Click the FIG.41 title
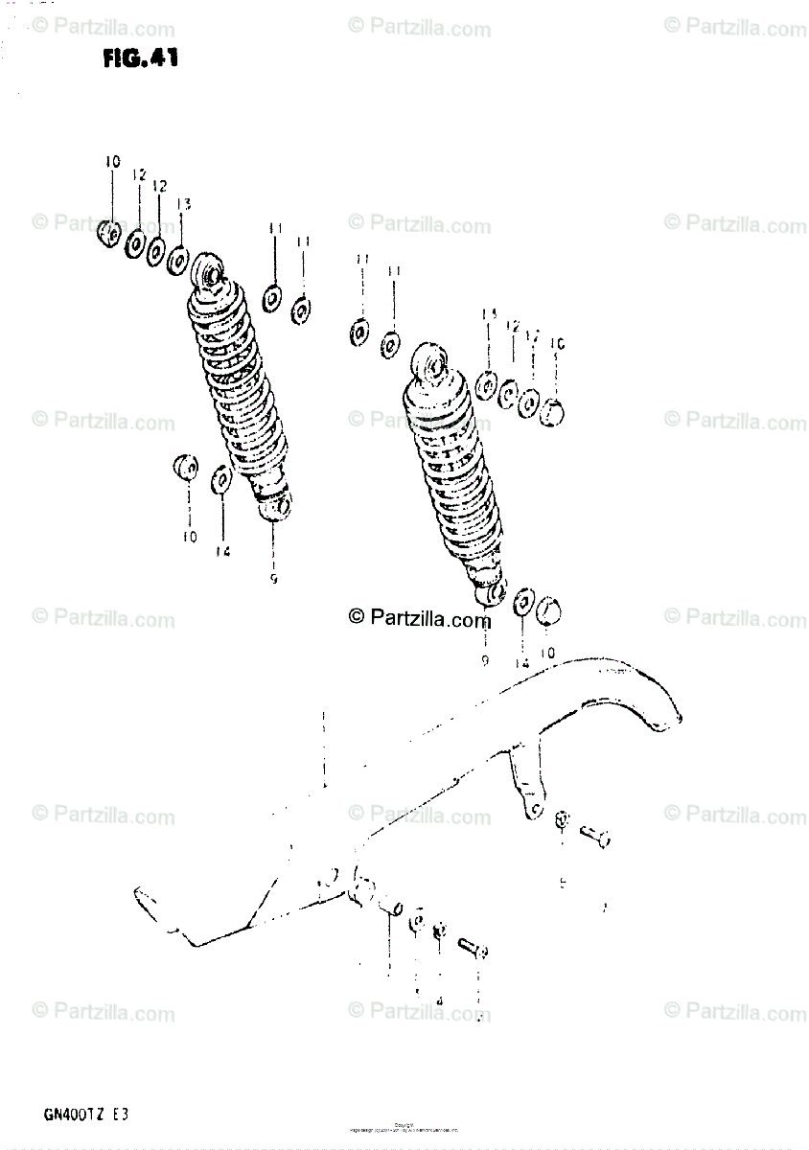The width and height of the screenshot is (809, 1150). pyautogui.click(x=141, y=58)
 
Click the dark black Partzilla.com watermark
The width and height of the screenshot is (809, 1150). pyautogui.click(x=419, y=618)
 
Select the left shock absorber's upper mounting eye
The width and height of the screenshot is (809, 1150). pyautogui.click(x=208, y=271)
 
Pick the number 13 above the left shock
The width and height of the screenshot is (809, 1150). pyautogui.click(x=183, y=204)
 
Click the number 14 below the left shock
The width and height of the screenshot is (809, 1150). pyautogui.click(x=222, y=550)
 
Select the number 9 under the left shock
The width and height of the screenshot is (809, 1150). pyautogui.click(x=274, y=579)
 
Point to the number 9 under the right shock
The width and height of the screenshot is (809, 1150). pyautogui.click(x=485, y=661)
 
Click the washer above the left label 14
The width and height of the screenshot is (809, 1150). pyautogui.click(x=220, y=478)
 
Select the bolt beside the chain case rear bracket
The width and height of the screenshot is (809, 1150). pyautogui.click(x=594, y=836)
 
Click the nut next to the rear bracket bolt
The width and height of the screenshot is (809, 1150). pyautogui.click(x=563, y=821)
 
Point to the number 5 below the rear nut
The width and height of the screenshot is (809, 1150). pyautogui.click(x=564, y=884)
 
